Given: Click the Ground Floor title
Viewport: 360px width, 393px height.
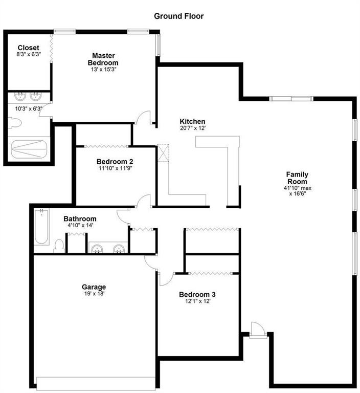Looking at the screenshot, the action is pos(178,16).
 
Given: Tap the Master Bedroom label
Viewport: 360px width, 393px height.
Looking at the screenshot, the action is pos(103,59).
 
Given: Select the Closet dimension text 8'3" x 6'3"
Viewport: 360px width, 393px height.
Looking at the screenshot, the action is pos(29,54).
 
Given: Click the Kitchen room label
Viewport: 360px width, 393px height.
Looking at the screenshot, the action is pos(192,121).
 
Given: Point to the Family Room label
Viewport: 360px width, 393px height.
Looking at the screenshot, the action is pos(297,178).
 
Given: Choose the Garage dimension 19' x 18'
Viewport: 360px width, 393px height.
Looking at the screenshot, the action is pos(94,294).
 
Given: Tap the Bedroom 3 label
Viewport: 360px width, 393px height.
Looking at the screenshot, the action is pos(197,295).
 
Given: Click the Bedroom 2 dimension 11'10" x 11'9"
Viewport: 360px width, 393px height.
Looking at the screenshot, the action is pos(115,168).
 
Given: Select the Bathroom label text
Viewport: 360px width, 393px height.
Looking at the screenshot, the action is pos(80,219).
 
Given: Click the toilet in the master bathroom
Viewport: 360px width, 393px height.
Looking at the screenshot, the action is pos(14,123).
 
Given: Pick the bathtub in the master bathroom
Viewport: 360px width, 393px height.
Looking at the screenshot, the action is pos(29,149).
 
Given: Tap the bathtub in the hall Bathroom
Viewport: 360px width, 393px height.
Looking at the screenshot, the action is pos(41,227).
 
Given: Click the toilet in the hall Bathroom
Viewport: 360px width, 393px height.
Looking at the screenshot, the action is pos(59,246).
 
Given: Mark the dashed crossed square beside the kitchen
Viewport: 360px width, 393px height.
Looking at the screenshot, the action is pos(163,153).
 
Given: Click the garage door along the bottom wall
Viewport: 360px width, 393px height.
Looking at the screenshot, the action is pos(96,383).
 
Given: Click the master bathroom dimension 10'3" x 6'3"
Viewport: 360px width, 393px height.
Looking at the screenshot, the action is pos(29,109).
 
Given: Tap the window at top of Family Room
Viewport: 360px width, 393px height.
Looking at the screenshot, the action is pos(291,98).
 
